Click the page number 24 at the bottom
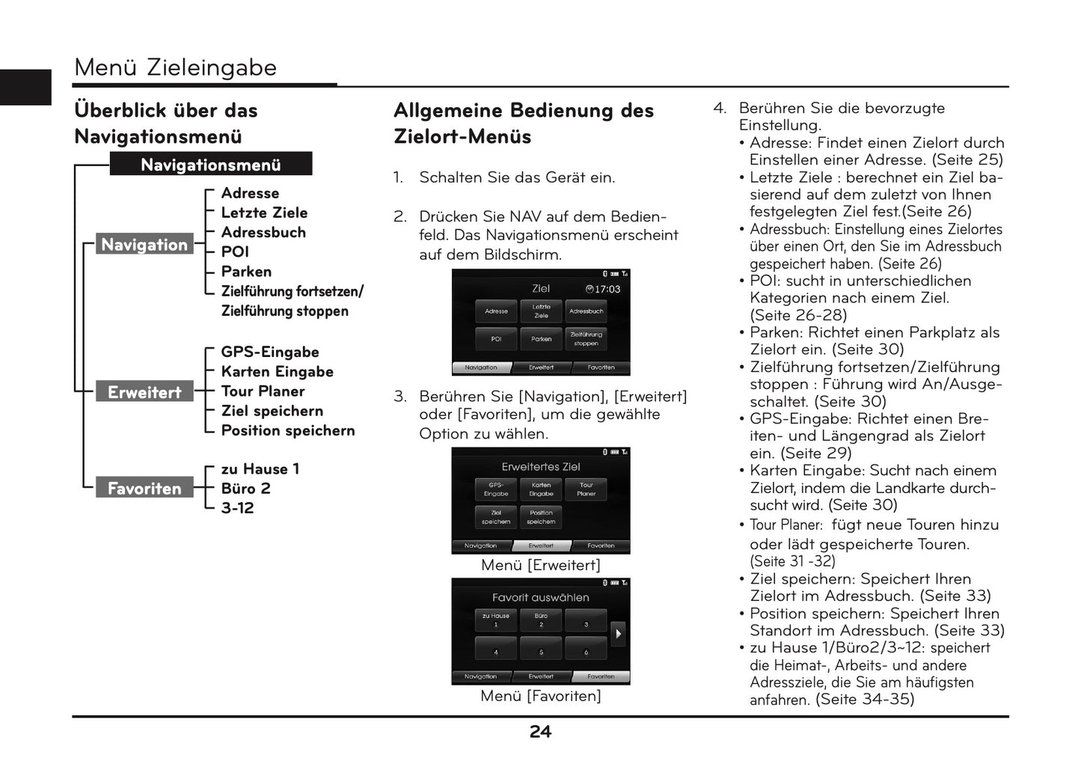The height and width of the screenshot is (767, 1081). point(540,732)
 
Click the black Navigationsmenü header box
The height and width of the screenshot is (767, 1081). point(210,165)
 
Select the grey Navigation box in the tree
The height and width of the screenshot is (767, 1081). point(144,245)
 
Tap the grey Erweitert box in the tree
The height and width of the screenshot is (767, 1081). point(144,392)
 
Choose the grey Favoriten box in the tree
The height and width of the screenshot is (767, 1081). point(144,489)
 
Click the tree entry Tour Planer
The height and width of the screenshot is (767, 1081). point(263,391)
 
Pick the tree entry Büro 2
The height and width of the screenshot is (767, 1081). point(245,489)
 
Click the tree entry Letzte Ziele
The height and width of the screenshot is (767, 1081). point(264,213)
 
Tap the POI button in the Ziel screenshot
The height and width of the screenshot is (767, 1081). point(496,339)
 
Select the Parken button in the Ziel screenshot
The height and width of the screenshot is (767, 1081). point(541,339)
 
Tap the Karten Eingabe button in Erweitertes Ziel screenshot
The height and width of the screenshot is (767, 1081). point(541,489)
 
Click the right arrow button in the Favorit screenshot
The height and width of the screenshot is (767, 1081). point(618,634)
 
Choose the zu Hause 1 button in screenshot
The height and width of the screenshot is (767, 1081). point(495,620)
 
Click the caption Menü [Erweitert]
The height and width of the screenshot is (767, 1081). point(540,565)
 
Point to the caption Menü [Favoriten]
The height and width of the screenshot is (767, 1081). point(540,696)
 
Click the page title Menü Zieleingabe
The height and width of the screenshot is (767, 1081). point(176,67)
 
